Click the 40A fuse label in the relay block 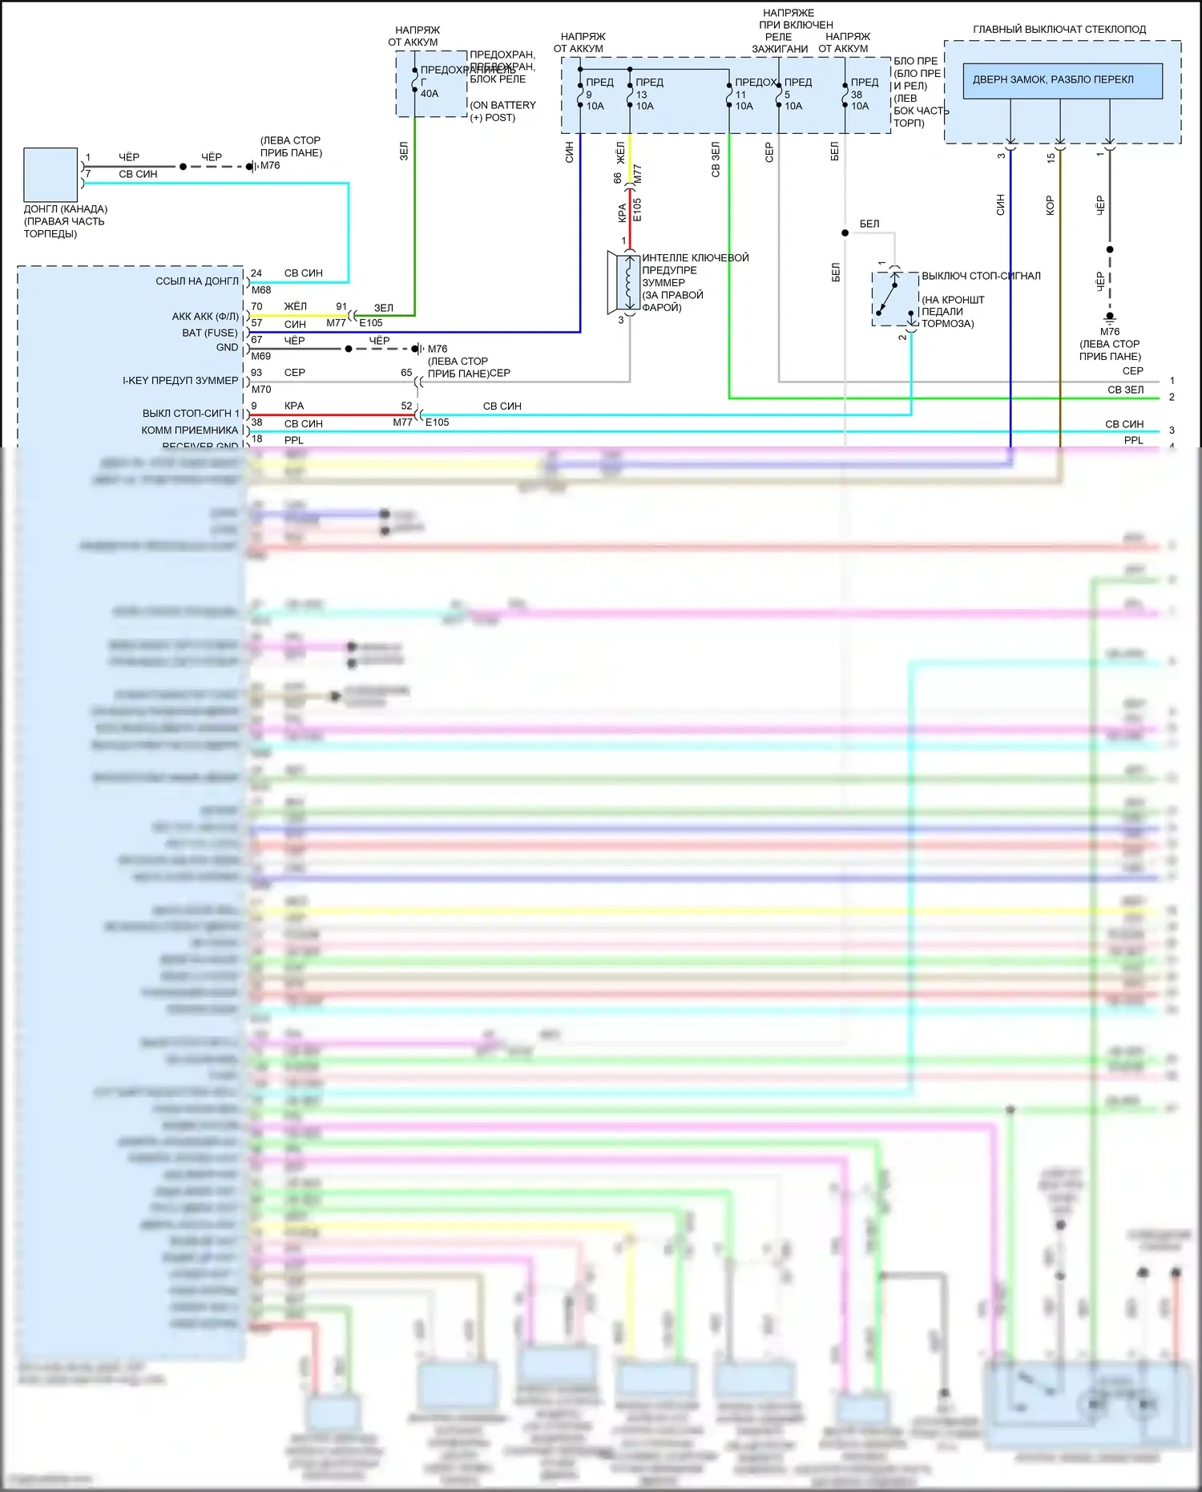(x=430, y=94)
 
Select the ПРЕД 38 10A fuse (x=859, y=94)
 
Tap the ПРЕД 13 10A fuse (x=644, y=94)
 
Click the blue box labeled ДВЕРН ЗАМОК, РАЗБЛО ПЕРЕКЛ (x=1062, y=80)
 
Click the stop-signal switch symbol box (x=894, y=298)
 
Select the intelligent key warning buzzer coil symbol (x=628, y=282)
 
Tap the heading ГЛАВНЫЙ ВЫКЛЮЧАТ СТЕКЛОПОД (x=1059, y=30)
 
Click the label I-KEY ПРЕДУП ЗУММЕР (x=180, y=381)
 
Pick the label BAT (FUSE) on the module (x=210, y=333)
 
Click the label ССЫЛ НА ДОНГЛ (x=197, y=281)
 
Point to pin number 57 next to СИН (x=256, y=323)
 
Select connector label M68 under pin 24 (x=261, y=290)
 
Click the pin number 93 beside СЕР (x=256, y=373)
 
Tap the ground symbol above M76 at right (x=1110, y=317)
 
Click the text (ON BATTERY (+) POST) (x=502, y=111)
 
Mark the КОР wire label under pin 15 (x=1050, y=206)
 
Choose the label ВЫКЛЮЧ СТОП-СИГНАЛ (x=981, y=276)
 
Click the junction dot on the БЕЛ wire (x=845, y=232)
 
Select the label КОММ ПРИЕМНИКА (x=190, y=431)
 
